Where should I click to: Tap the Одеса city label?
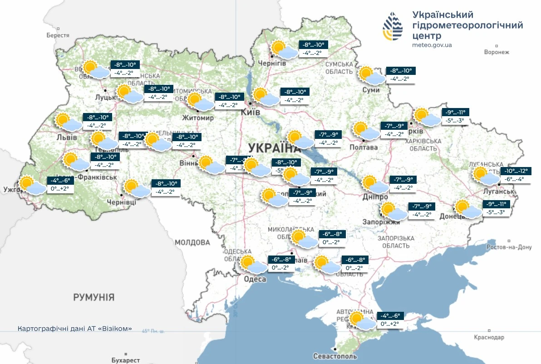(255, 279)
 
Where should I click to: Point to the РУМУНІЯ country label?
(94, 297)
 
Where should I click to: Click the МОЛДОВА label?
(192, 242)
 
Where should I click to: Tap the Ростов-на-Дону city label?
(508, 247)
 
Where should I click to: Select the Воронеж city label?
(497, 52)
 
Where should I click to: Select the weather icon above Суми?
(369, 75)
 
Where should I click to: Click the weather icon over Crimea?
(361, 320)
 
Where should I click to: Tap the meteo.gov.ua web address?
(432, 45)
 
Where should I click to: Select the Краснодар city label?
(489, 338)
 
